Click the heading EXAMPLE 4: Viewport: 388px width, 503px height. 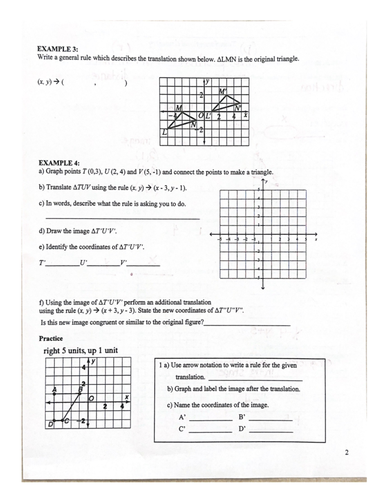tap(59, 163)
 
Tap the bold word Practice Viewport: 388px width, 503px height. tap(51, 338)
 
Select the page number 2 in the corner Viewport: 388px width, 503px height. tap(347, 452)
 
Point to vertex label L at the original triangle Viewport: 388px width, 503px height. tap(165, 132)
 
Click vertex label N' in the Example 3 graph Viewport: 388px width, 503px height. tap(238, 108)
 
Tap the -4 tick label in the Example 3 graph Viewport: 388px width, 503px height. tap(175, 115)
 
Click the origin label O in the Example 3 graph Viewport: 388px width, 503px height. tap(201, 116)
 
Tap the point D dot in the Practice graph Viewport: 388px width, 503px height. tap(54, 420)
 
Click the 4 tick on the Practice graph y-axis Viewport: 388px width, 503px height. tap(83, 368)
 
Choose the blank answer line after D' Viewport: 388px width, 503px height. tap(271, 431)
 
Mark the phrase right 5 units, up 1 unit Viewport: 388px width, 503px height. tap(81, 350)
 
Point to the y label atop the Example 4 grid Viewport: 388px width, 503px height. tap(266, 182)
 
